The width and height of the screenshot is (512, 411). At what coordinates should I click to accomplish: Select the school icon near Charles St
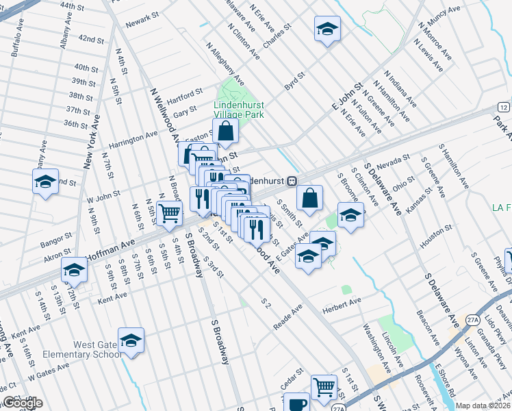(x=327, y=29)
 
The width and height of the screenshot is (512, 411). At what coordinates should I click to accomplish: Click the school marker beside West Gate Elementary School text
(x=131, y=340)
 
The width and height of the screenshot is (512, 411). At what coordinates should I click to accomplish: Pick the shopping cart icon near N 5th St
(x=169, y=212)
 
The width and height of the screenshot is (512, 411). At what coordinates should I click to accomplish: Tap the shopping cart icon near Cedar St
(x=324, y=386)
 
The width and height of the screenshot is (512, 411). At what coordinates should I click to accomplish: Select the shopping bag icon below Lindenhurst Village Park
(x=225, y=130)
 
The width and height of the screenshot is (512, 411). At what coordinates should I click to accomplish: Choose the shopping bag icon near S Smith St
(x=310, y=198)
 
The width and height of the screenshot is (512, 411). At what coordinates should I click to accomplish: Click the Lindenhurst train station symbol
(x=292, y=181)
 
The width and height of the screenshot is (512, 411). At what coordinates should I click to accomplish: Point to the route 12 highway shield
(x=503, y=108)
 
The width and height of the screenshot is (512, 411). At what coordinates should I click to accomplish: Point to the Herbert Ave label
(x=346, y=303)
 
